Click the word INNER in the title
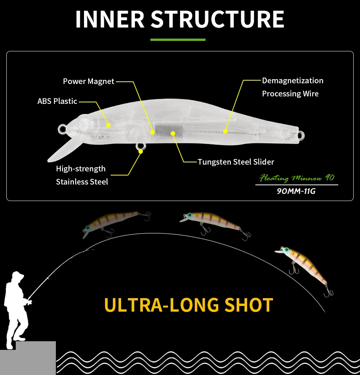[110, 19]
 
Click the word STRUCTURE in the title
[217, 19]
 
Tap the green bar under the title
[178, 39]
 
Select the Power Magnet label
[88, 81]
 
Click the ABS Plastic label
[57, 101]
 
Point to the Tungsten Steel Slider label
[236, 162]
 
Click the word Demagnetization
[292, 81]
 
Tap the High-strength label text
[81, 169]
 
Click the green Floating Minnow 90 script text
[297, 177]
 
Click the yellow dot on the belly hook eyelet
[141, 151]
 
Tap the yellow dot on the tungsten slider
[173, 133]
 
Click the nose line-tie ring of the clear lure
[61, 129]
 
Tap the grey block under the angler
[28, 358]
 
